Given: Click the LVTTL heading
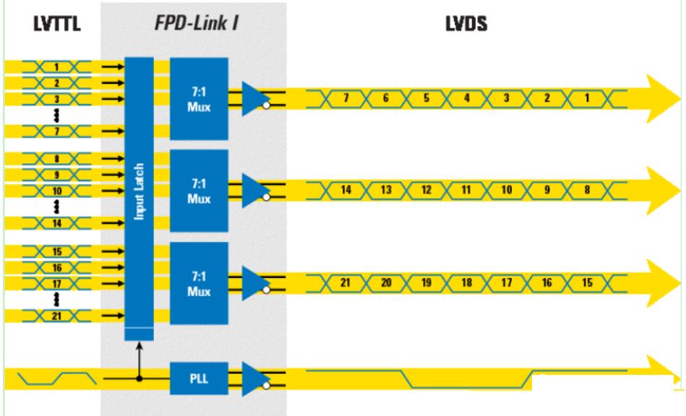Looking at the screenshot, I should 57,24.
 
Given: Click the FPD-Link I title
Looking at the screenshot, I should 197,23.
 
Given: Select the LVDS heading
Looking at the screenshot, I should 466,24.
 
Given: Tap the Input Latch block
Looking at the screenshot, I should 140,191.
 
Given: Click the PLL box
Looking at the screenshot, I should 199,378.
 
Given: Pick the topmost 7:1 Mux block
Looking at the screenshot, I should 199,99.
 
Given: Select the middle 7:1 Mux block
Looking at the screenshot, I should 199,191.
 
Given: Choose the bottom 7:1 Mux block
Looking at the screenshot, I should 199,283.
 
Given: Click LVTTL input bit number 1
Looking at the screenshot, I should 56,67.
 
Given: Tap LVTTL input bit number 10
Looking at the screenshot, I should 56,191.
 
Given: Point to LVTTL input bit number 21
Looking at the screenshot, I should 56,316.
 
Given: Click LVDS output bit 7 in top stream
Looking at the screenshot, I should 346,98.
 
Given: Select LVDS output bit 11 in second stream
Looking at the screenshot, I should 466,190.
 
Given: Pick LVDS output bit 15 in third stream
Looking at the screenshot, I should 587,283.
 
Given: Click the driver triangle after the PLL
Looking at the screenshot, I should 254,378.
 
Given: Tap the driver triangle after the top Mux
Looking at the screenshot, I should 254,99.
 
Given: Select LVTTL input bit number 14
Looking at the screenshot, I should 56,223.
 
